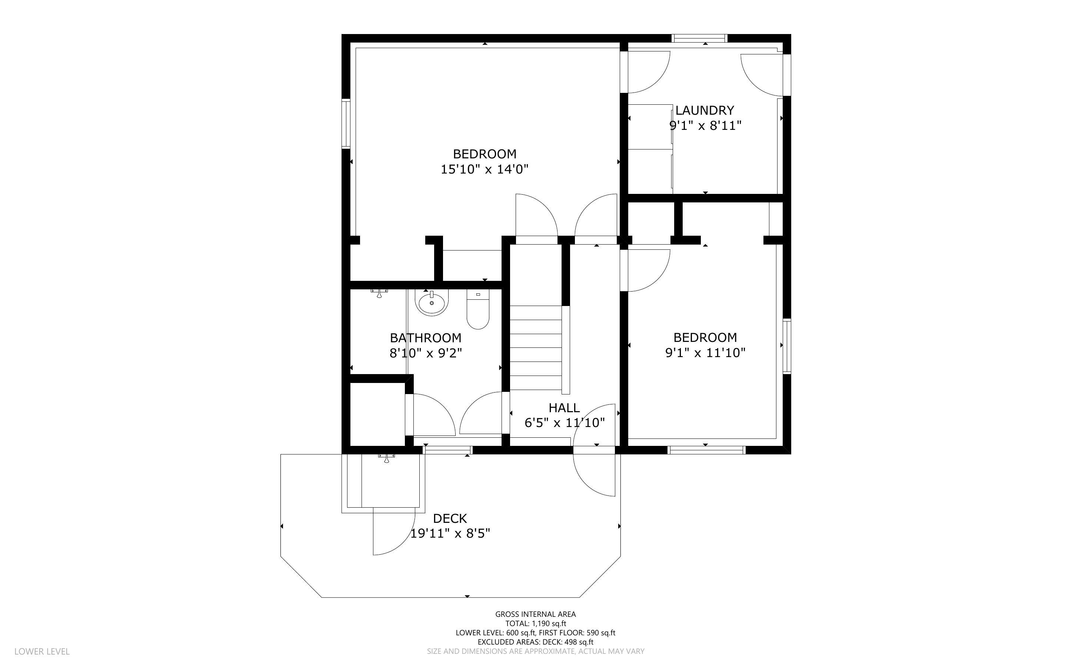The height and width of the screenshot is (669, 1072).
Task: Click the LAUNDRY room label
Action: (x=705, y=110)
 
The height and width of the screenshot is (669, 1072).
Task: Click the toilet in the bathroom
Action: (x=478, y=310)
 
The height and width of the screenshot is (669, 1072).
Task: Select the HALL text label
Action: (x=564, y=407)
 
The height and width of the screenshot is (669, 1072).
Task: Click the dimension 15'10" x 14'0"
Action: (x=485, y=169)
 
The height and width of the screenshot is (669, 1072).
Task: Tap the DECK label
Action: (x=450, y=518)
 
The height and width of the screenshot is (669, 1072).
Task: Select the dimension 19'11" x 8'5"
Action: (x=450, y=534)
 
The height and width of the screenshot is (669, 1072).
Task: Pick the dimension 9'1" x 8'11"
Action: (x=705, y=126)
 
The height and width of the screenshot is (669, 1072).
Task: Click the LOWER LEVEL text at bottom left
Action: (x=42, y=651)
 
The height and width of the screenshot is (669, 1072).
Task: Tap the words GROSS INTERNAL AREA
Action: (x=535, y=614)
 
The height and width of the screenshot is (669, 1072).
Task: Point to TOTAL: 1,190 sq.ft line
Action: (x=535, y=623)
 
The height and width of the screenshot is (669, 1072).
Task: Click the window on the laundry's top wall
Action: (x=700, y=38)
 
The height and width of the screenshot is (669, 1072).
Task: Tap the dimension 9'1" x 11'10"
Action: (x=705, y=353)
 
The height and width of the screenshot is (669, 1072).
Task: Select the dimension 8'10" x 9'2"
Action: (x=426, y=353)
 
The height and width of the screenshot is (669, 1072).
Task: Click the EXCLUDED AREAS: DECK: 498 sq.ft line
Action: (x=535, y=642)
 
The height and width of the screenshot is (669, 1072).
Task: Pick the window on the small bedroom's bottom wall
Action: (x=706, y=450)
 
